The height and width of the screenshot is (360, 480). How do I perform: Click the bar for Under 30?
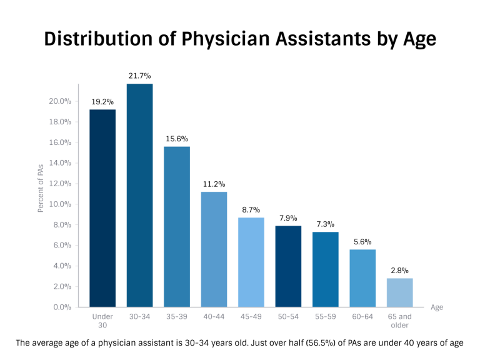pyautogui.click(x=102, y=208)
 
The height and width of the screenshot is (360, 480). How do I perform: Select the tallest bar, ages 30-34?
pyautogui.click(x=139, y=195)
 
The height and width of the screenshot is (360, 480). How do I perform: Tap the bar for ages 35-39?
pyautogui.click(x=177, y=226)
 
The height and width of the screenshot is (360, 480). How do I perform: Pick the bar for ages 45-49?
pyautogui.click(x=251, y=262)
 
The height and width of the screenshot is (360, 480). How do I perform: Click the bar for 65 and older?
pyautogui.click(x=399, y=292)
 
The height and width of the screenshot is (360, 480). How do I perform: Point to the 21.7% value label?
pyautogui.click(x=139, y=76)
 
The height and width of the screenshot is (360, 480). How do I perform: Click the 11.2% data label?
pyautogui.click(x=214, y=184)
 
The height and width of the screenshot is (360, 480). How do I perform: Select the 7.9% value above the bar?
pyautogui.click(x=288, y=218)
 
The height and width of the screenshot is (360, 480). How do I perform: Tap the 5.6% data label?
pyautogui.click(x=362, y=242)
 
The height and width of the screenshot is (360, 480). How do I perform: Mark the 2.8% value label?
pyautogui.click(x=399, y=271)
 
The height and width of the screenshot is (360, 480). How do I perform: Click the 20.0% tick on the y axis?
pyautogui.click(x=61, y=101)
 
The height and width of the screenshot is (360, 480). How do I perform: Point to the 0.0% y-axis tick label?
pyautogui.click(x=61, y=307)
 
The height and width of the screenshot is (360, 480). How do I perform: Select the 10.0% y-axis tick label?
pyautogui.click(x=61, y=204)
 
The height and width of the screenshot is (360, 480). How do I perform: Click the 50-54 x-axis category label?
pyautogui.click(x=288, y=317)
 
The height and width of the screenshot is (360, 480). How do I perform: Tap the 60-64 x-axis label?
pyautogui.click(x=362, y=317)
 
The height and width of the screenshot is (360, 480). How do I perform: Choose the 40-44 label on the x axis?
pyautogui.click(x=214, y=317)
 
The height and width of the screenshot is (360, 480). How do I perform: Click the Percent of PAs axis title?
pyautogui.click(x=41, y=187)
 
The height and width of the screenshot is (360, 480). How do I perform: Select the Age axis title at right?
pyautogui.click(x=437, y=307)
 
